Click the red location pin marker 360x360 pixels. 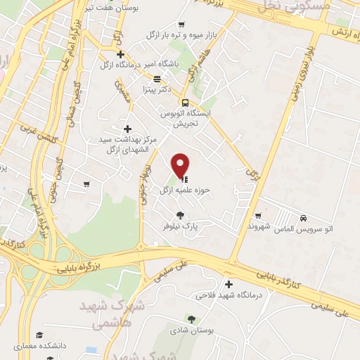[x=181, y=165]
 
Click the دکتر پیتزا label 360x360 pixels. [x=155, y=90]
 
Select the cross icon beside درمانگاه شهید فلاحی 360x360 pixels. [x=228, y=284]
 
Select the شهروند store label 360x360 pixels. [x=240, y=227]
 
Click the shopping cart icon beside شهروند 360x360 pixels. [x=259, y=215]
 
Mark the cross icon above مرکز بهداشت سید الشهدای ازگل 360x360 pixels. [x=127, y=129]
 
